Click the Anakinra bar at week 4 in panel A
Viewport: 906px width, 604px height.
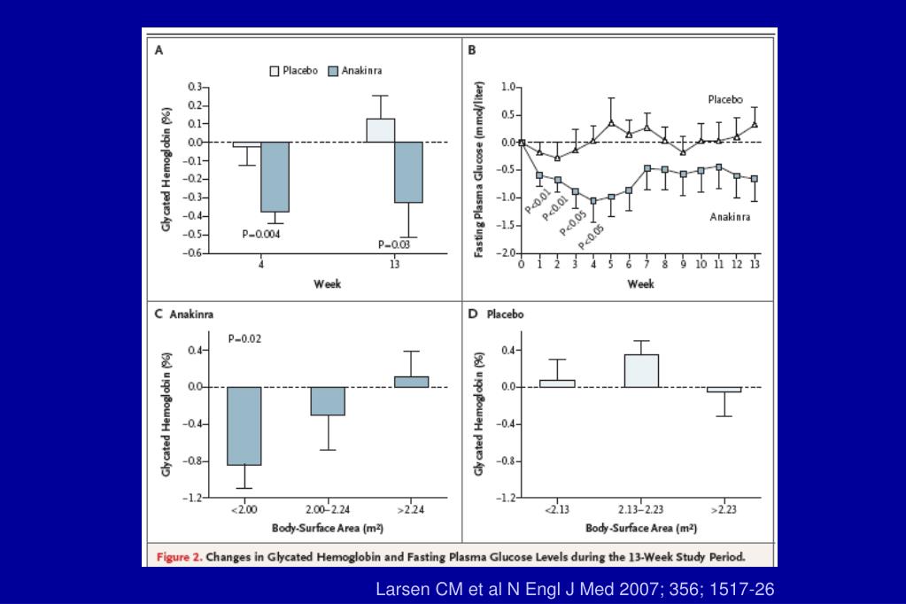pyautogui.click(x=275, y=176)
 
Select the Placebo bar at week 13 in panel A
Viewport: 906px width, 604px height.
pyautogui.click(x=380, y=130)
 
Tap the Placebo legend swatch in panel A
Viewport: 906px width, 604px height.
pyautogui.click(x=275, y=71)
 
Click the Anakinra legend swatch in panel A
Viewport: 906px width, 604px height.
pyautogui.click(x=333, y=71)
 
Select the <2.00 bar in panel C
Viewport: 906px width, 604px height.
pyautogui.click(x=244, y=425)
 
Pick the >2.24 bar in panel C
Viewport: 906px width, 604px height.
pyautogui.click(x=411, y=382)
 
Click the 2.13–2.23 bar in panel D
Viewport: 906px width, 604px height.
pyautogui.click(x=641, y=370)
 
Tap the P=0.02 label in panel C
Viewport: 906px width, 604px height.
pyautogui.click(x=246, y=337)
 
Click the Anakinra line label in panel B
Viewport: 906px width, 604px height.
pyautogui.click(x=731, y=215)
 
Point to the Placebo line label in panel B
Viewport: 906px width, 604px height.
pyautogui.click(x=724, y=99)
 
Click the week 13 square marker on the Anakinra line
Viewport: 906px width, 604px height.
pyautogui.click(x=755, y=179)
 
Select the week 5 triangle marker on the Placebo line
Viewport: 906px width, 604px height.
pyautogui.click(x=611, y=122)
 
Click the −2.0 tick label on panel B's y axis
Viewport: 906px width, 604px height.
pyautogui.click(x=506, y=252)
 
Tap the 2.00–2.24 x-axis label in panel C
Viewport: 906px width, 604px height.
pyautogui.click(x=328, y=510)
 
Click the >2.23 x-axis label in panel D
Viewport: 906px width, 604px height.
pyautogui.click(x=724, y=510)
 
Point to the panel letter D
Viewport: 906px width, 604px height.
pyautogui.click(x=473, y=314)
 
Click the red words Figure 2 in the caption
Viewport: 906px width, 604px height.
pyautogui.click(x=180, y=557)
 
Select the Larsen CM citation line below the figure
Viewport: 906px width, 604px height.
pyautogui.click(x=575, y=588)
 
